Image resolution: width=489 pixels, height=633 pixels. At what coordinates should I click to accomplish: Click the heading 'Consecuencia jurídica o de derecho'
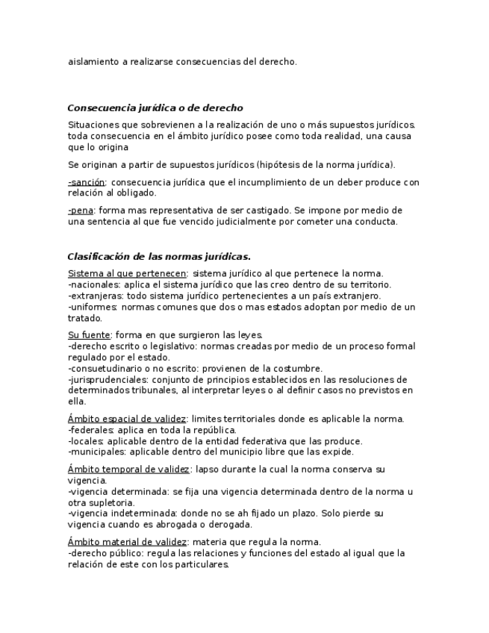(155, 108)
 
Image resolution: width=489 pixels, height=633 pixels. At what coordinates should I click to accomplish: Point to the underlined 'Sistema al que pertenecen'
(127, 273)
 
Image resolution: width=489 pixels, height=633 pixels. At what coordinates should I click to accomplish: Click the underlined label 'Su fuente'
(89, 335)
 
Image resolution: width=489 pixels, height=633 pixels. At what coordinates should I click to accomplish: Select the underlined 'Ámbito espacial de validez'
(127, 419)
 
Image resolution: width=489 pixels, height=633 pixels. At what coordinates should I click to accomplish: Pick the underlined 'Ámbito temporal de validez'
(128, 470)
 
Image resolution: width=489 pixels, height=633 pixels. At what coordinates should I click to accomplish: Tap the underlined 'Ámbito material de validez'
(128, 542)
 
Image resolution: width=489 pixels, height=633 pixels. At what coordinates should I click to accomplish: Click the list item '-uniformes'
(93, 307)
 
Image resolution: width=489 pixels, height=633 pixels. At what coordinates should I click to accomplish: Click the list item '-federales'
(90, 430)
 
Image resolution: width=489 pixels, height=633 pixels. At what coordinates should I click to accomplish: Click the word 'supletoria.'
(111, 503)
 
